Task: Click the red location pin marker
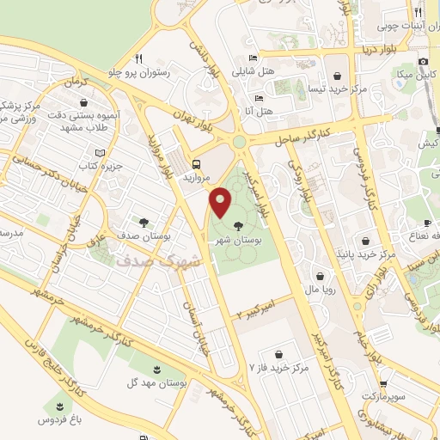[221, 201]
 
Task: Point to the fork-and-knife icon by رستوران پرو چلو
[138, 59]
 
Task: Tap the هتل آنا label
[259, 112]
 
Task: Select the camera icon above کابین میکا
[423, 62]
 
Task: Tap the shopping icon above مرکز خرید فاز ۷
[278, 354]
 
